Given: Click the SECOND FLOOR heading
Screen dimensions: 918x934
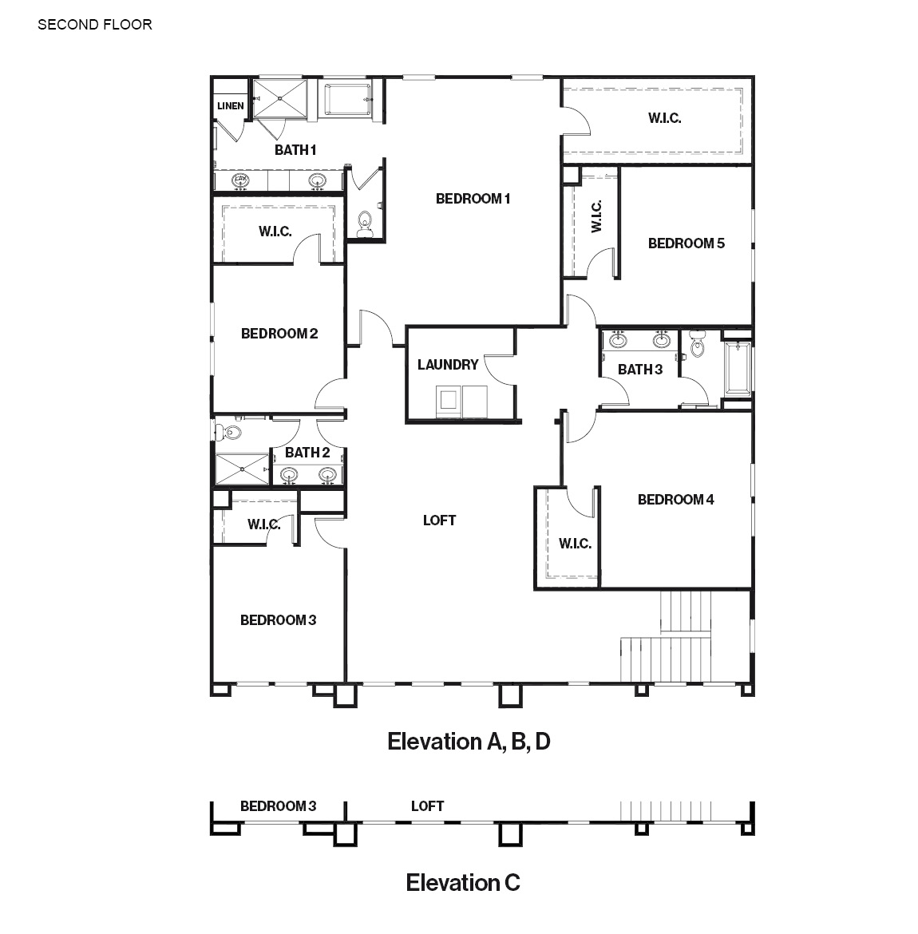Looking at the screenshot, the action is [95, 25].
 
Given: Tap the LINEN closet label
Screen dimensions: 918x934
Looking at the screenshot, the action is [231, 106].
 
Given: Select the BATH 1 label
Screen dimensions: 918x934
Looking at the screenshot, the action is [295, 150].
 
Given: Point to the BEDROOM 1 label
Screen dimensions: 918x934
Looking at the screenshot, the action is [473, 199].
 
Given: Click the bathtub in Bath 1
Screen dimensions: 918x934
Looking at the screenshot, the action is [349, 100].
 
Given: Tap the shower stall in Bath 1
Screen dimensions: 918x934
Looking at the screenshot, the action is [280, 99].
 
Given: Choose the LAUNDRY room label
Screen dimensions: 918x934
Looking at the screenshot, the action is [448, 365].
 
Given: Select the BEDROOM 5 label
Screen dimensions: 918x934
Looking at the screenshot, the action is [687, 243].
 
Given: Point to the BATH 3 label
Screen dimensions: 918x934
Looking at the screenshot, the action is [640, 370].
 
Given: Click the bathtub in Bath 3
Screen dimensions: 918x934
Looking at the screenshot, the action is [738, 368].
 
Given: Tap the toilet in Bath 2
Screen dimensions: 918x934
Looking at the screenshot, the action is [229, 432].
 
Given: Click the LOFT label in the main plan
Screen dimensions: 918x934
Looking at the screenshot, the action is [440, 520].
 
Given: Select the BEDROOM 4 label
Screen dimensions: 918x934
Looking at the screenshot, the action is [675, 500].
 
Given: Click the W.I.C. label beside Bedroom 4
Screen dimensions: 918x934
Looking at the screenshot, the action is [575, 544].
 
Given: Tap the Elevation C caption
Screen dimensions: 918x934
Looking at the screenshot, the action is [463, 882].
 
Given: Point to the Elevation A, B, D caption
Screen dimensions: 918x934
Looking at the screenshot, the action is [469, 742].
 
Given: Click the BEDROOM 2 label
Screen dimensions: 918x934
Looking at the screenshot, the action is [279, 334].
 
